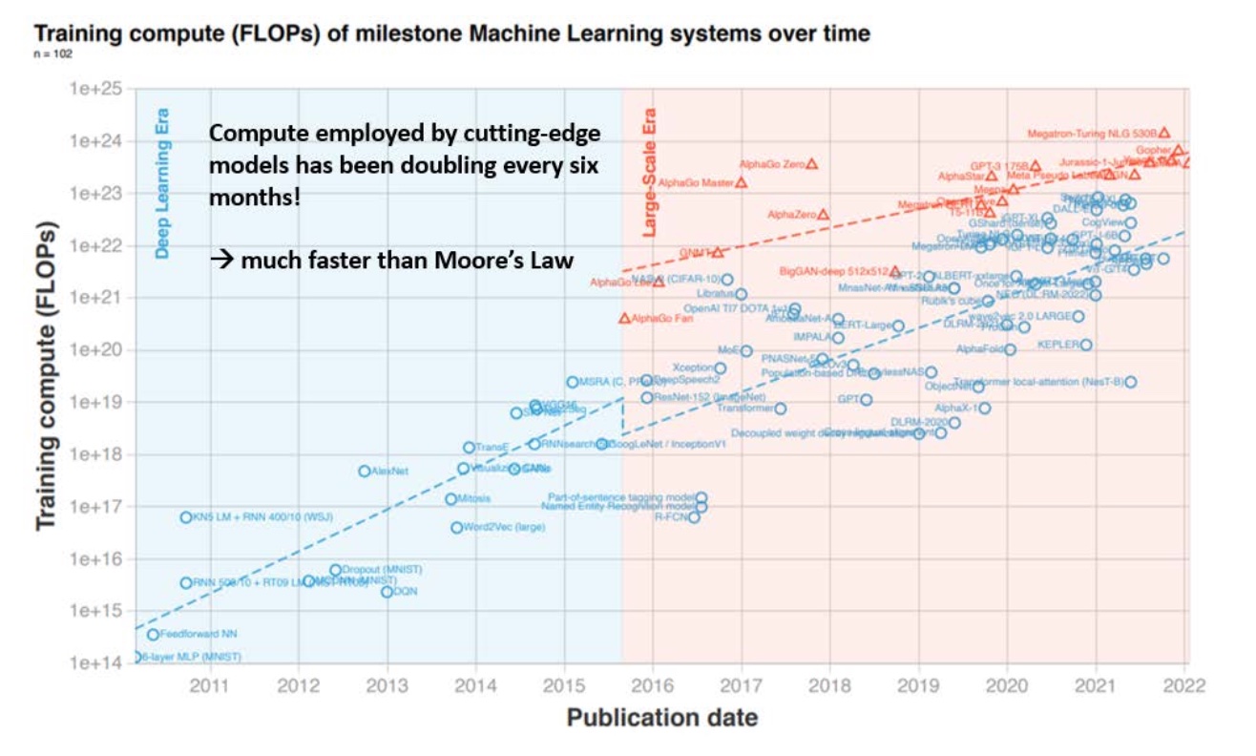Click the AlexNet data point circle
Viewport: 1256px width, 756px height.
364,471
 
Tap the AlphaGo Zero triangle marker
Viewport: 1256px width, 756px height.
811,163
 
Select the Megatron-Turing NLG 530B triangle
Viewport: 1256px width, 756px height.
1163,133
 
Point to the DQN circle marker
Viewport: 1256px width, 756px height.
387,592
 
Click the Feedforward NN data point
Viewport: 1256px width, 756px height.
153,634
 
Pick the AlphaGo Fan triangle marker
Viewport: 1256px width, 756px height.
625,318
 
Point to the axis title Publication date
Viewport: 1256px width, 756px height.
662,718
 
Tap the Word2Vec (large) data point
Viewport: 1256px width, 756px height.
456,527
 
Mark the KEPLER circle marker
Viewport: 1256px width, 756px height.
1085,345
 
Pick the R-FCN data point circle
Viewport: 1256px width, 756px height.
694,517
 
